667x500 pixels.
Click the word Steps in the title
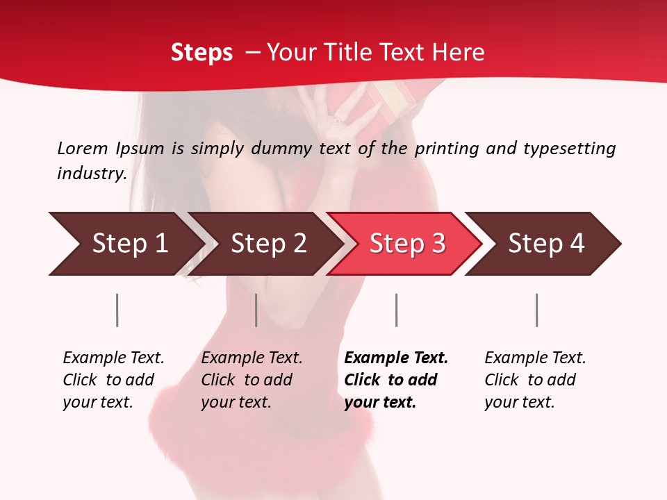(x=201, y=52)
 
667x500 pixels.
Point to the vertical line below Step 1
(x=117, y=310)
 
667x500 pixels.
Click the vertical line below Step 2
(x=256, y=310)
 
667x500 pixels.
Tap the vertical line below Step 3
(x=396, y=310)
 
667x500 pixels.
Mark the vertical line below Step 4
(x=536, y=310)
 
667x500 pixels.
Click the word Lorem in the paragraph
(x=82, y=148)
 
